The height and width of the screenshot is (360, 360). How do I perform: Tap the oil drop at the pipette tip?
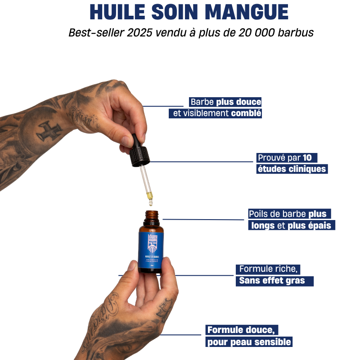click(149, 196)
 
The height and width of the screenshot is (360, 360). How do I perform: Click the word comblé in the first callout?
click(246, 113)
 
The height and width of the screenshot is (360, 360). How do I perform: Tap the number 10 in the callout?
click(307, 157)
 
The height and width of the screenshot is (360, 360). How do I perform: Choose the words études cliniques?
click(291, 169)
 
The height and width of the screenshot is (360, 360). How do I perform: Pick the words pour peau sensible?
click(249, 342)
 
